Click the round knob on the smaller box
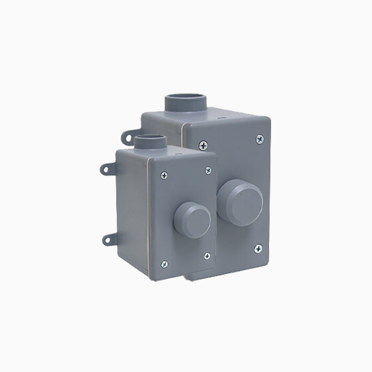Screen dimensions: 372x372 (x=192, y=215)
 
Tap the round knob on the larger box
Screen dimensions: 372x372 (x=240, y=197)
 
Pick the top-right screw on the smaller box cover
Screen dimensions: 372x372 (x=208, y=170)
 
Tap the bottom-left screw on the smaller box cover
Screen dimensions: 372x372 (x=165, y=262)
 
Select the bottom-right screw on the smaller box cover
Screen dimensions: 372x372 (x=208, y=254)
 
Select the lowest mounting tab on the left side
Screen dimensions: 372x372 (x=108, y=238)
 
